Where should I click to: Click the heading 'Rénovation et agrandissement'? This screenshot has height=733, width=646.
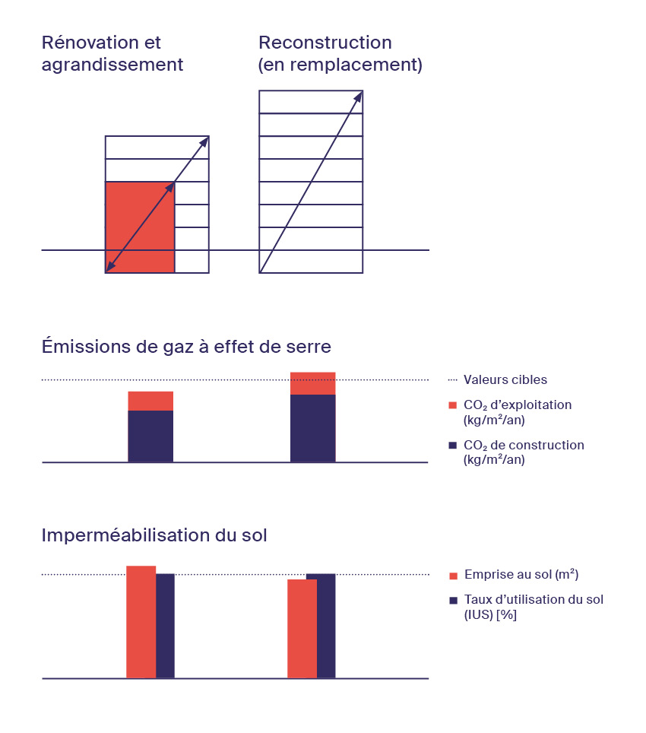(x=112, y=53)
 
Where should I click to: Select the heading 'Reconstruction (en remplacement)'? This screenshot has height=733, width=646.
(x=340, y=53)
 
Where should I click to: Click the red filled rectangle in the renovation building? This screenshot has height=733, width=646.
(x=140, y=227)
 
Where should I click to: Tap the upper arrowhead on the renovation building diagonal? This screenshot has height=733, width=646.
(x=204, y=141)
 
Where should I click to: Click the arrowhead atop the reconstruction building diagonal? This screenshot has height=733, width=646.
(x=358, y=97)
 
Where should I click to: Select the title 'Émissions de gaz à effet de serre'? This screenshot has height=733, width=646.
(x=186, y=347)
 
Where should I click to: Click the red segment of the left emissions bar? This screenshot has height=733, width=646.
(x=150, y=401)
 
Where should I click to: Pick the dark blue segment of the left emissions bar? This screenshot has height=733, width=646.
(x=150, y=436)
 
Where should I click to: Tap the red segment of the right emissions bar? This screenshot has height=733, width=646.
(x=313, y=383)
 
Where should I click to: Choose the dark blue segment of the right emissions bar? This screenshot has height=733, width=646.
(x=313, y=428)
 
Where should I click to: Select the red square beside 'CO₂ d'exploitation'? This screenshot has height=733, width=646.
(x=453, y=405)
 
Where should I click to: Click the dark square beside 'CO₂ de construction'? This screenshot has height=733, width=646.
(x=453, y=446)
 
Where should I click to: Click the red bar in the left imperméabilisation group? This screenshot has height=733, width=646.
(x=141, y=622)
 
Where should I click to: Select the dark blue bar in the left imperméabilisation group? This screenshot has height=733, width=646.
(x=165, y=626)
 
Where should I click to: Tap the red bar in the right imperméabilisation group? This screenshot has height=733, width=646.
(x=302, y=629)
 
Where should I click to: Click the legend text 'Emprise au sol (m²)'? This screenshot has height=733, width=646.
(x=515, y=574)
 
